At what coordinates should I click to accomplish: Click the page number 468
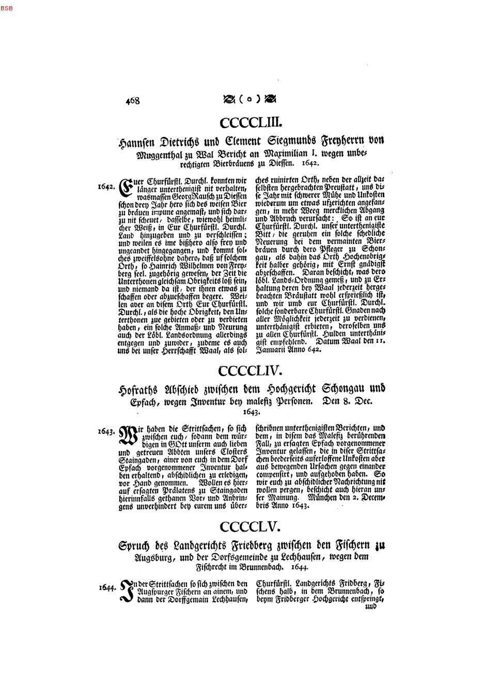coord(132,101)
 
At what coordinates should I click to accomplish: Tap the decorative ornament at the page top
coord(249,99)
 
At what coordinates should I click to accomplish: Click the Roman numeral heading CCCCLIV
coord(250,370)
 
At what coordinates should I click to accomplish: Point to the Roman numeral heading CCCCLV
coord(250,526)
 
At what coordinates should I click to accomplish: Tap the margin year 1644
coord(107,587)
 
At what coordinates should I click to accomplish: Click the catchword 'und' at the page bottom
coord(371,607)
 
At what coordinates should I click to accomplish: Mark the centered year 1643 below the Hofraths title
coord(251,412)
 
